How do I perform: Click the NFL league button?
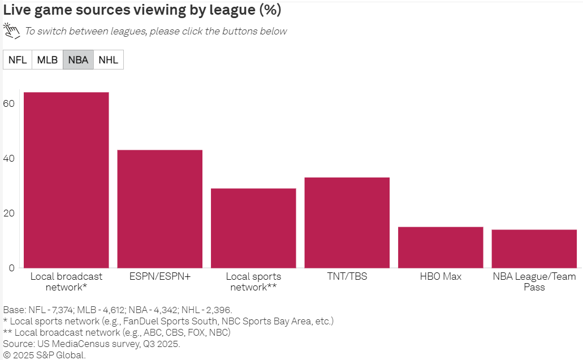pos(18,60)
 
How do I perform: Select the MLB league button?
pos(47,60)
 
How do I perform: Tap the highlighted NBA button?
pos(78,60)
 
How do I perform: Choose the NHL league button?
pos(109,60)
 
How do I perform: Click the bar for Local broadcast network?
pos(66,180)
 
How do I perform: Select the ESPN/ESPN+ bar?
pos(159,209)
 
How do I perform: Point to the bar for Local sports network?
pos(253,228)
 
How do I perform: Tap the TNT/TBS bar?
pos(347,223)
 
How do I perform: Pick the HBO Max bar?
pos(441,247)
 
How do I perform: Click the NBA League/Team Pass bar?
pos(534,249)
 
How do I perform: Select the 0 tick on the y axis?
pos(11,268)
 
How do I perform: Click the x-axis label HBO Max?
pos(441,276)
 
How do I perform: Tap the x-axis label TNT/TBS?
pos(347,276)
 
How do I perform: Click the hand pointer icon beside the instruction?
pos(11,30)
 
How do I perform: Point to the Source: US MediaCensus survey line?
pos(92,344)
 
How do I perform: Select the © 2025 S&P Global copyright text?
pos(45,355)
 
